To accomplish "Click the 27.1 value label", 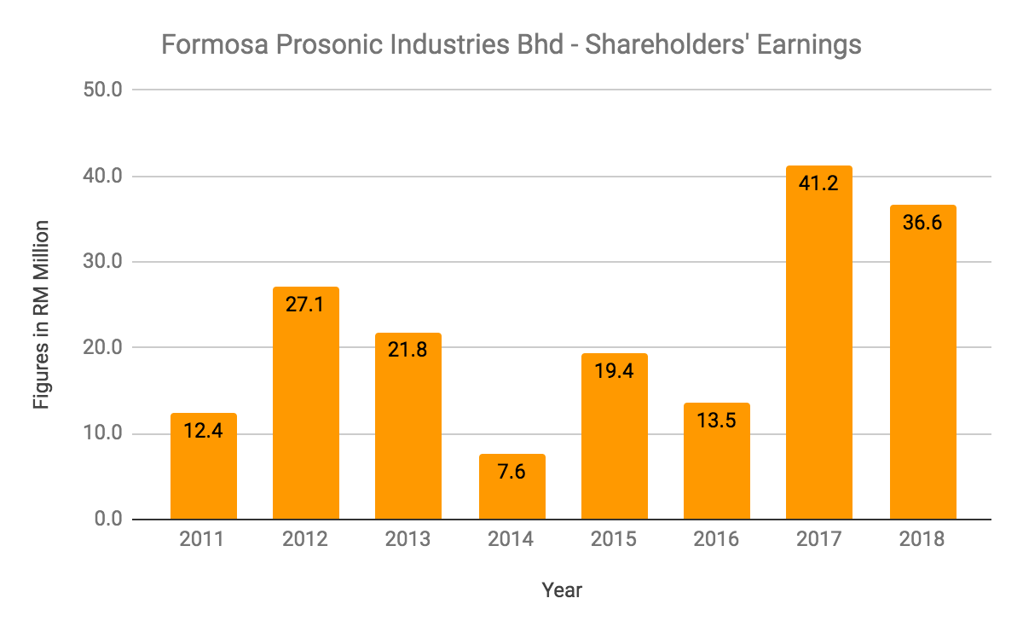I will pos(306,305).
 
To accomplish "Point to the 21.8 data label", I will pos(408,350).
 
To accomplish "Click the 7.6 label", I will pos(511,471).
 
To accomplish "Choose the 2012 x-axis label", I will pos(306,540).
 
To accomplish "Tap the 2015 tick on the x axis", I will pos(614,540).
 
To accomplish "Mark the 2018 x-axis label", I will pos(922,540).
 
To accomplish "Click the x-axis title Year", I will pos(562,590).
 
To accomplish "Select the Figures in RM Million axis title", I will pos(41,314).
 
